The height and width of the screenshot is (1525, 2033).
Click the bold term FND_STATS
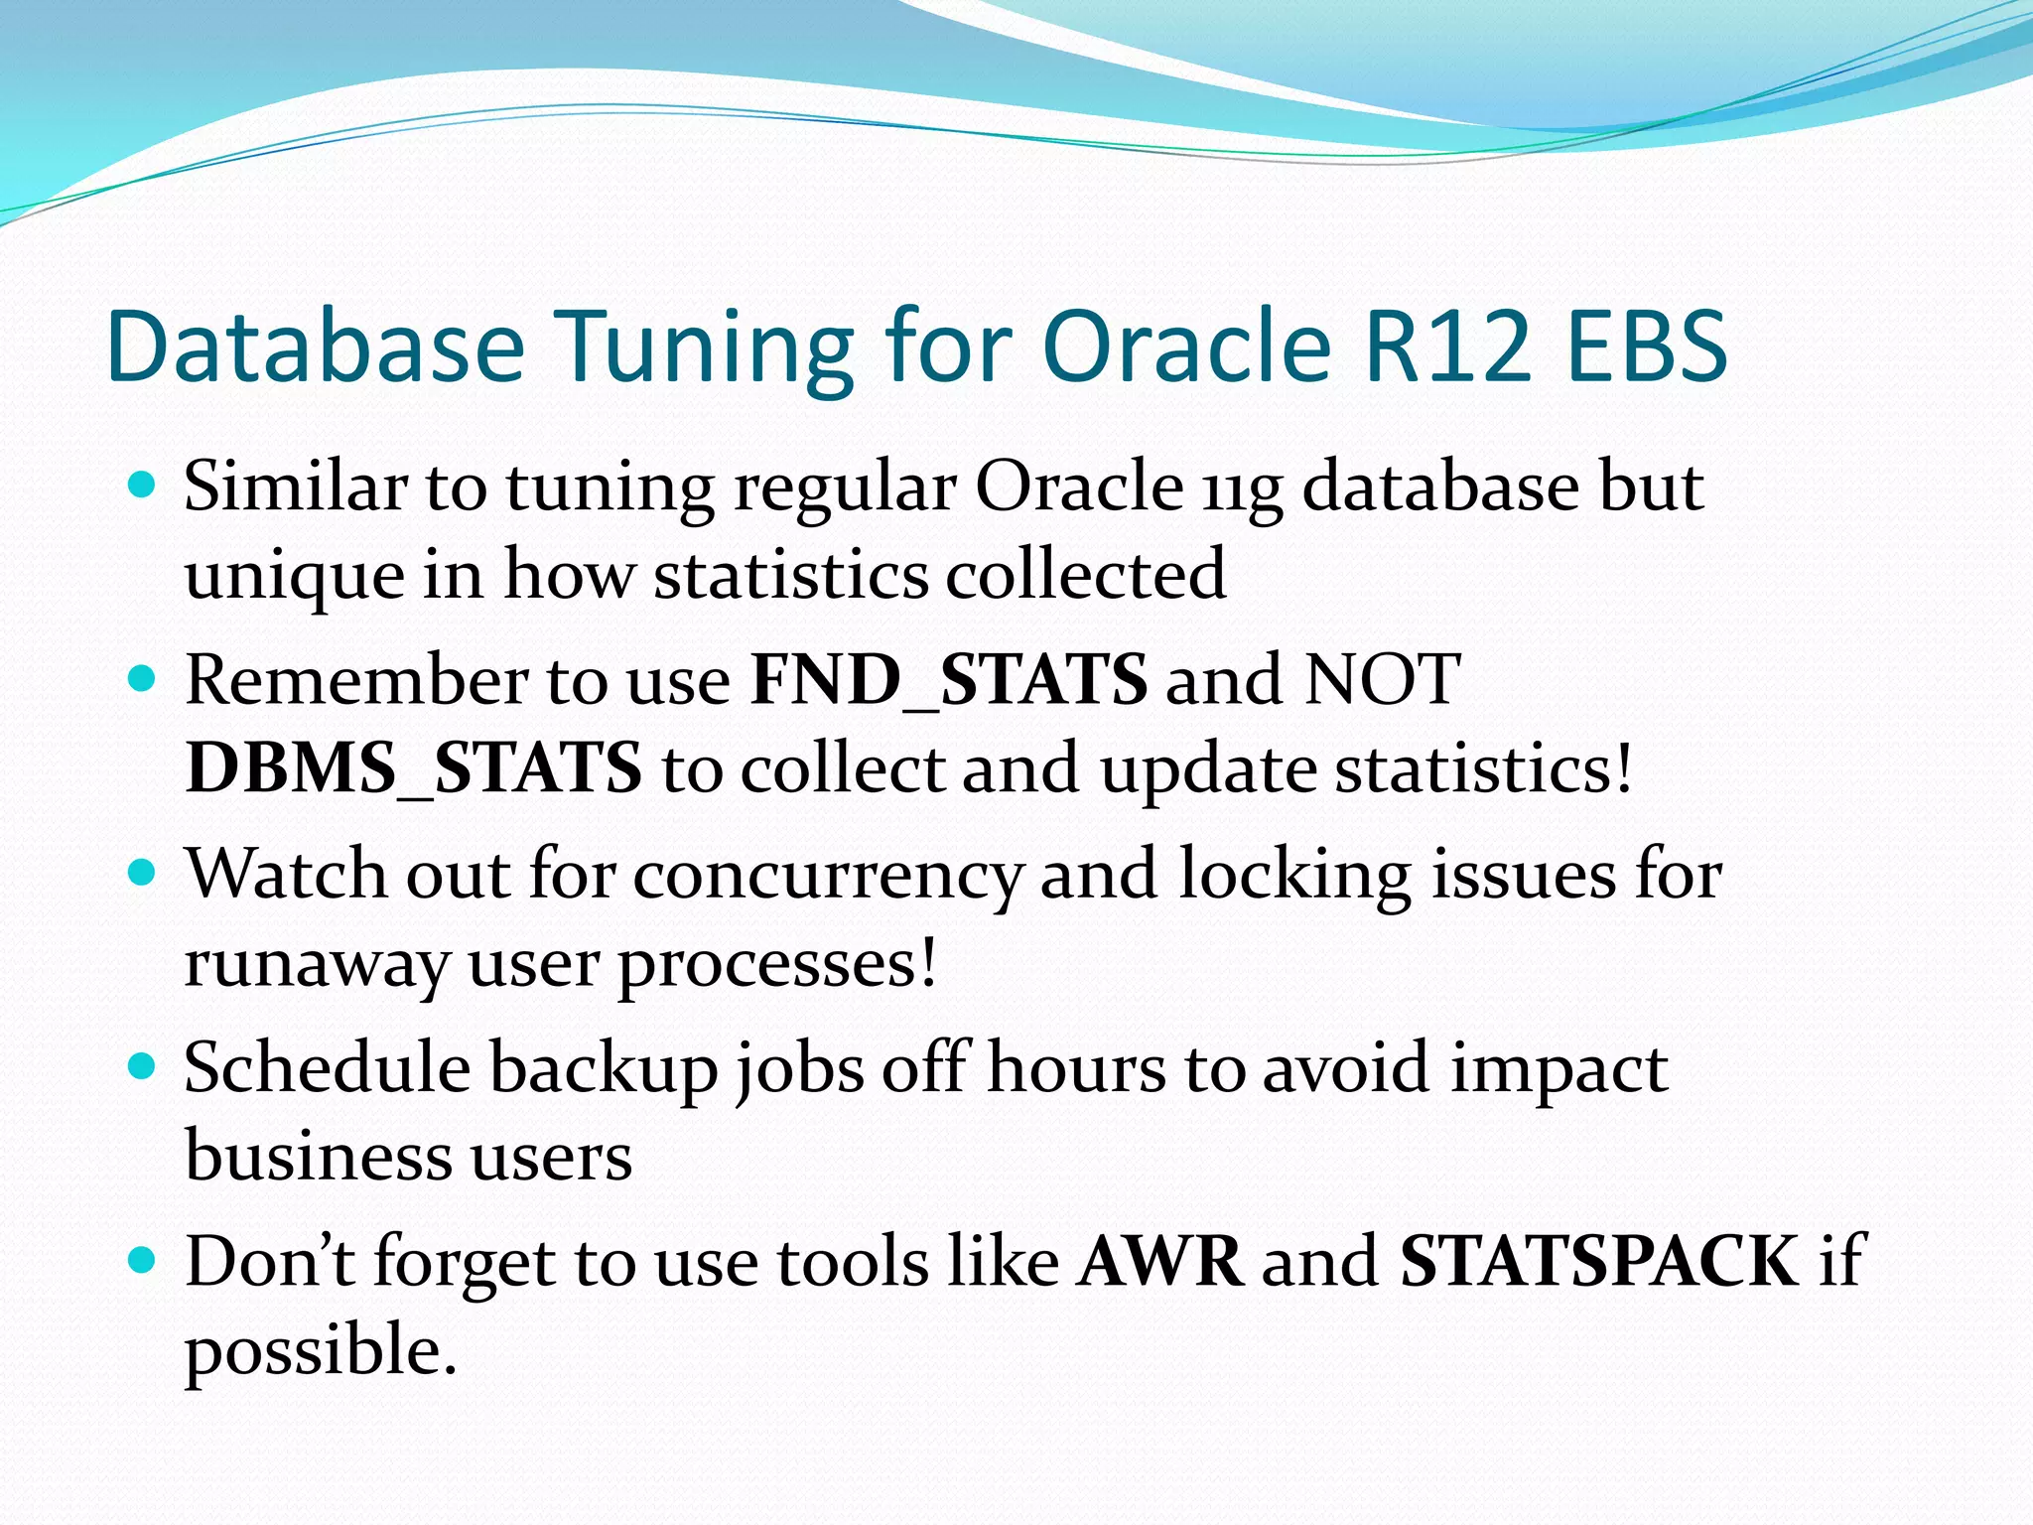(x=949, y=680)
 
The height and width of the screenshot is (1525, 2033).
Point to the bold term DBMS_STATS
(x=413, y=768)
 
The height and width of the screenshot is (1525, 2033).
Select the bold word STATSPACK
(x=1598, y=1261)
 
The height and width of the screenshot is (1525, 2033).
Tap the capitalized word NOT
(x=1381, y=680)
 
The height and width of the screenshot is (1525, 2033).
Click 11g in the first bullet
(x=1242, y=489)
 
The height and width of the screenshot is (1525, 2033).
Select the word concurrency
(x=827, y=877)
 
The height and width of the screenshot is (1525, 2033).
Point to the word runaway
(x=317, y=965)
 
